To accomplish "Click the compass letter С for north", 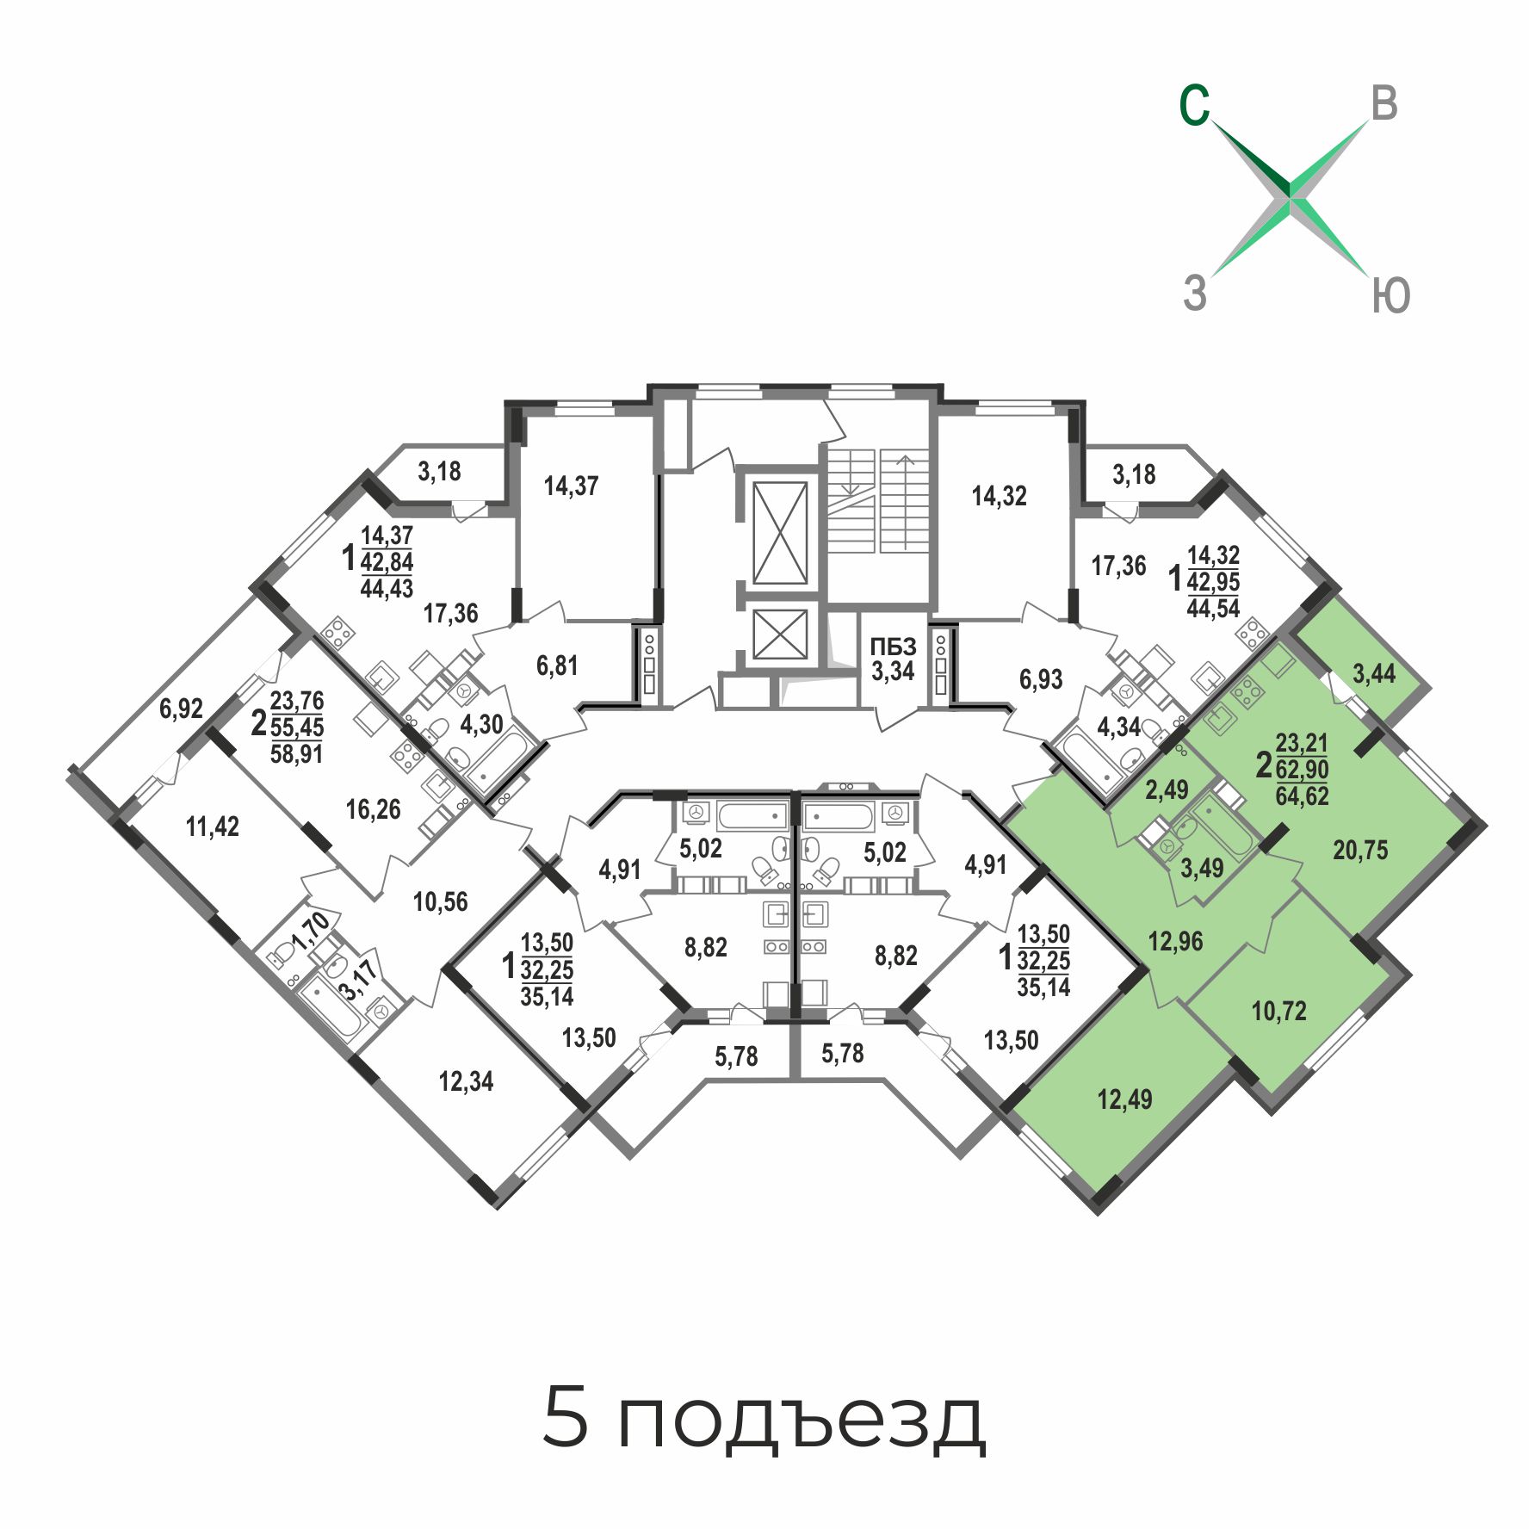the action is click(x=1194, y=106).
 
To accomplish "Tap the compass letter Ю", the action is click(x=1390, y=296).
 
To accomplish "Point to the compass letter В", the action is click(x=1384, y=103).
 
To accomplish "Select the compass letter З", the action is click(x=1195, y=293).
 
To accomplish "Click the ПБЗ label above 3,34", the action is click(x=893, y=647).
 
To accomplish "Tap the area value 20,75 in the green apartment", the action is click(x=1360, y=851).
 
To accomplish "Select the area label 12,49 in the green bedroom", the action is click(x=1124, y=1099).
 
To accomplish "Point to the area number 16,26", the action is click(x=373, y=809).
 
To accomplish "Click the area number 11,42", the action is click(x=213, y=826).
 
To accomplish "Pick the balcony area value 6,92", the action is click(x=181, y=709).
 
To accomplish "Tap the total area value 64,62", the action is click(x=1302, y=795).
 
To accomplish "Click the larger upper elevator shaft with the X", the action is click(x=780, y=533).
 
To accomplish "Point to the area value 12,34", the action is click(x=466, y=1081).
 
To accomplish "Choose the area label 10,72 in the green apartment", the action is click(x=1278, y=1011).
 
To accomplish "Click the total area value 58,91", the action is click(x=296, y=754).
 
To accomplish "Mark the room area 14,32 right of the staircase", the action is click(x=999, y=496).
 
